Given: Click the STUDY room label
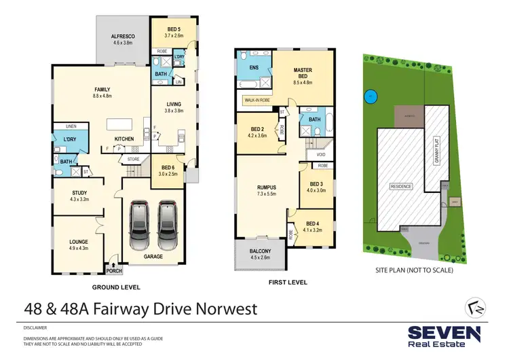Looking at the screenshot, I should click(x=79, y=193).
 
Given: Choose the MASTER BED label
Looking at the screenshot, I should click(x=302, y=70).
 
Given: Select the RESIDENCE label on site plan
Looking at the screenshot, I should click(x=401, y=185).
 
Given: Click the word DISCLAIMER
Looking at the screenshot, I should click(x=35, y=327).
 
